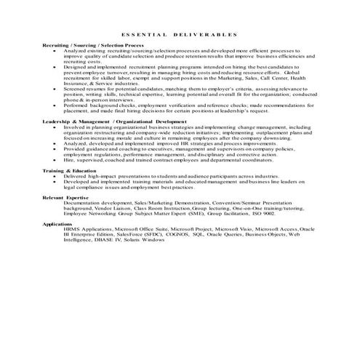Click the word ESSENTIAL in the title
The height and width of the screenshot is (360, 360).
(143, 34)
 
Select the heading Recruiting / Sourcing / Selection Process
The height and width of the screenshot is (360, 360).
(86, 45)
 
